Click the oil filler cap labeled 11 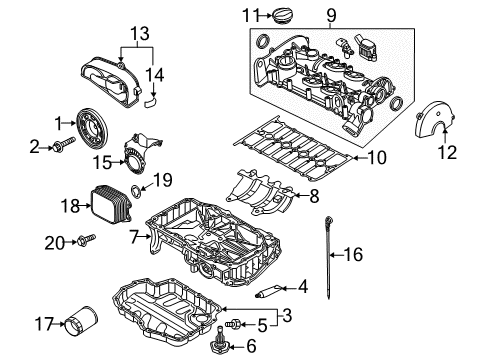click(x=284, y=16)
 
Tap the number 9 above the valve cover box click(x=331, y=15)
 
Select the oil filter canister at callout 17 click(x=81, y=321)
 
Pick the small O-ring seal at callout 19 click(x=137, y=191)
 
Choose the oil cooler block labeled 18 click(x=111, y=204)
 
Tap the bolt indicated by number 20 click(x=86, y=239)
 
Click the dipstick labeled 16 click(x=329, y=257)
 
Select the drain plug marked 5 click(x=233, y=323)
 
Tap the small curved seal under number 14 click(x=152, y=102)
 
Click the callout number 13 click(x=140, y=34)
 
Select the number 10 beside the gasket click(x=377, y=158)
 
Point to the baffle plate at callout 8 click(x=261, y=193)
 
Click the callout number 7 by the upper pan click(x=134, y=237)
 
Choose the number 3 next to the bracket click(x=287, y=315)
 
